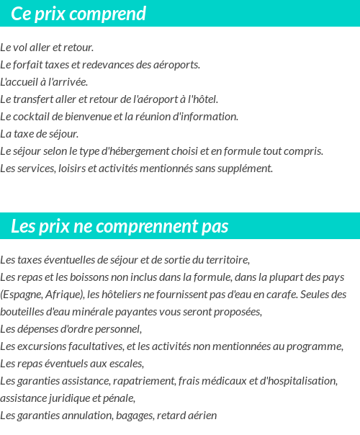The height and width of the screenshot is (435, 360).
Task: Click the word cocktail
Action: point(36,117)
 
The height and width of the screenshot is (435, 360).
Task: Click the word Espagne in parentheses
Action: point(22,295)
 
